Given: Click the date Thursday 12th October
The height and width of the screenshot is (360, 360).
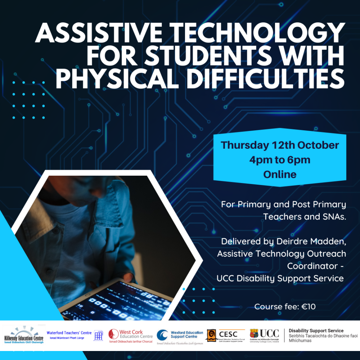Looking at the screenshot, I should (280, 145).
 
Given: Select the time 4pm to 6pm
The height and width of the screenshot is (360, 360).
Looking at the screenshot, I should (280, 160).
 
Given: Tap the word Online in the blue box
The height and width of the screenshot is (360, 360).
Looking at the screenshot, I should (280, 174).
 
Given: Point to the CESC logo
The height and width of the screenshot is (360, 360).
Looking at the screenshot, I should (225, 335).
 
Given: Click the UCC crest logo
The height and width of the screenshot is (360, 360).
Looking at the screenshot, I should (254, 334).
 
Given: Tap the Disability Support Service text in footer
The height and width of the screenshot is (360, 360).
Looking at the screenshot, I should (316, 330).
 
